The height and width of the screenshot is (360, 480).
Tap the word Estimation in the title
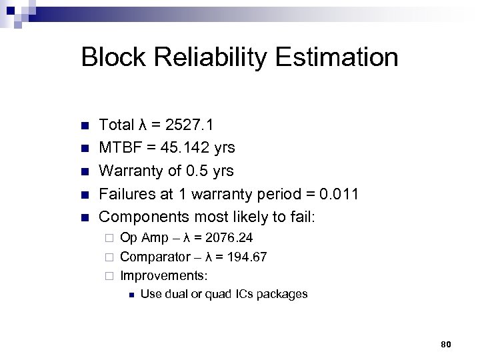coord(342,57)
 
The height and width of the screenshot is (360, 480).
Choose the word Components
coord(142,217)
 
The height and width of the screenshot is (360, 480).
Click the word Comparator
coord(153,257)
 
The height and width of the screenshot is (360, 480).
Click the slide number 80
coord(447,344)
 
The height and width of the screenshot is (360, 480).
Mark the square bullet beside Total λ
coord(84,125)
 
